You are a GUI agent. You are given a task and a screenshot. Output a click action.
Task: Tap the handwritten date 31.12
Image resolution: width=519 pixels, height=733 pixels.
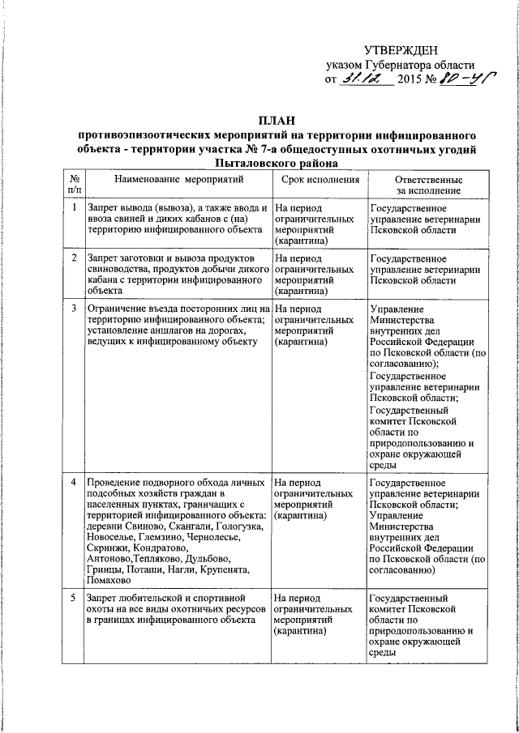coord(365,79)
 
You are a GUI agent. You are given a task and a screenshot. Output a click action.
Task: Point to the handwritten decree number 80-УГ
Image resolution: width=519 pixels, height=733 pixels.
coord(469,79)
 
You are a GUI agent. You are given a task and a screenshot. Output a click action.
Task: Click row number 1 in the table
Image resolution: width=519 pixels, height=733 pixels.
coord(74,208)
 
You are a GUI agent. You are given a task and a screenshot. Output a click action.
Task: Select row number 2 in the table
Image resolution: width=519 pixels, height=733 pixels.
coord(74,258)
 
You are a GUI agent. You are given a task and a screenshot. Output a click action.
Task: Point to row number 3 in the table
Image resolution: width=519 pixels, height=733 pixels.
coord(74,309)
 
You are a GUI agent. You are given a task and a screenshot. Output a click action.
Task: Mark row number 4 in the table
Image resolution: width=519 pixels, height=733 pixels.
coord(74,483)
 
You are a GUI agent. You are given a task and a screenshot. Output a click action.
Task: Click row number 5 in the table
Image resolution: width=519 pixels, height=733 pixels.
coord(74,597)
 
